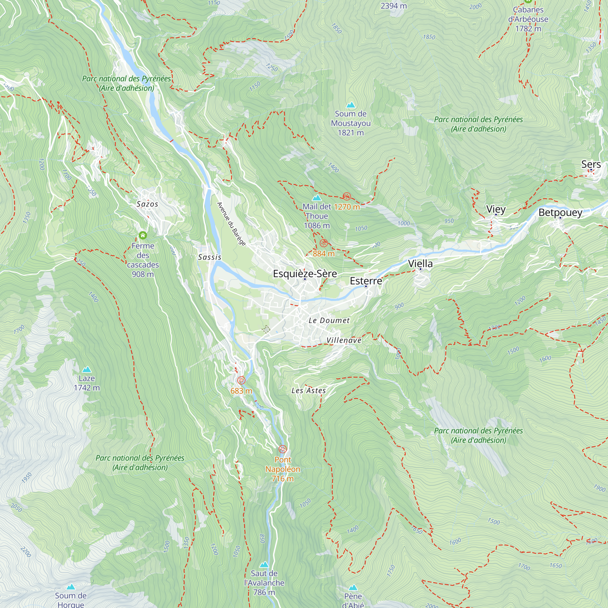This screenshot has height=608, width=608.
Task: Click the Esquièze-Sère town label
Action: click(x=305, y=274)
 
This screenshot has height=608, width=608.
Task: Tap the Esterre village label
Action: click(x=366, y=281)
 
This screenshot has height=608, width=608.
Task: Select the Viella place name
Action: click(x=420, y=264)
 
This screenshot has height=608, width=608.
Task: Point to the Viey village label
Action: click(x=496, y=209)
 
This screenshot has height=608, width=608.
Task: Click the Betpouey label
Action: click(x=560, y=212)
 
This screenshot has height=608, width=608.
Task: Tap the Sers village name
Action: click(x=591, y=164)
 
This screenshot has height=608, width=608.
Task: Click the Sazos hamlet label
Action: click(x=147, y=204)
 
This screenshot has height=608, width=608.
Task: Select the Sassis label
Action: click(x=209, y=257)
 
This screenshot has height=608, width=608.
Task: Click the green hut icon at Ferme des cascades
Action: click(x=143, y=235)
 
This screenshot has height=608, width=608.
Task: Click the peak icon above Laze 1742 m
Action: click(x=87, y=369)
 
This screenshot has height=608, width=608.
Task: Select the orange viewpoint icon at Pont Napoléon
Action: click(x=283, y=449)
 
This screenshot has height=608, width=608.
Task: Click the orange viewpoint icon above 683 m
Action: click(x=241, y=381)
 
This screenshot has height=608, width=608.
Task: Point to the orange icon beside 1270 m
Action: click(x=347, y=196)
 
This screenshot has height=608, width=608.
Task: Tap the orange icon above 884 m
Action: click(x=323, y=243)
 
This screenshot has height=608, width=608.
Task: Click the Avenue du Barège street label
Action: click(x=231, y=224)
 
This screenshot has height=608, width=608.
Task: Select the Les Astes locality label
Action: click(x=308, y=391)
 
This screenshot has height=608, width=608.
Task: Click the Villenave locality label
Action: click(x=344, y=340)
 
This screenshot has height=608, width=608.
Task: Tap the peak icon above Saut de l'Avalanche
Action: click(x=264, y=565)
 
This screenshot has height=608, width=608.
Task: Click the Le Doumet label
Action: click(x=329, y=321)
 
